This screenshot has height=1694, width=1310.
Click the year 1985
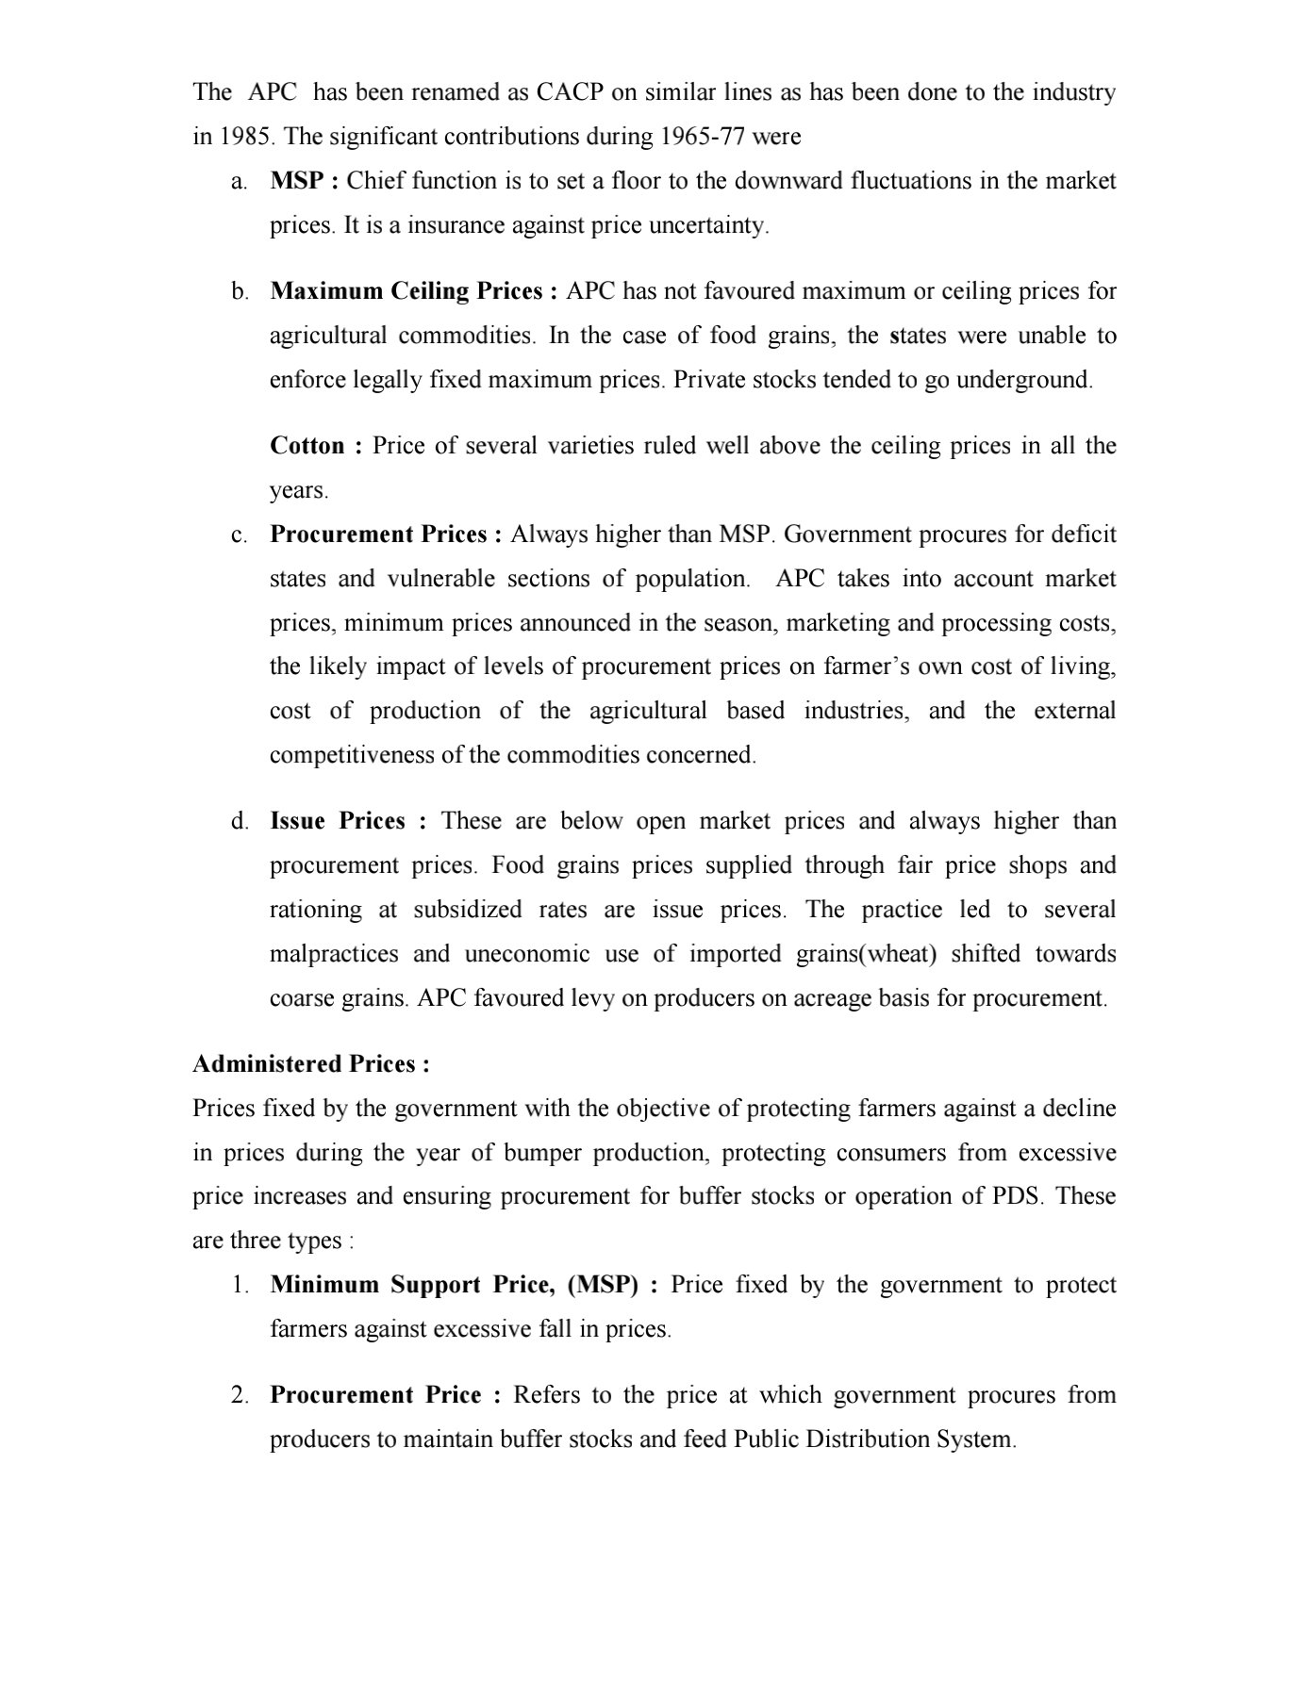pos(245,137)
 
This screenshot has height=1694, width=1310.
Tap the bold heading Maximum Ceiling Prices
pos(406,291)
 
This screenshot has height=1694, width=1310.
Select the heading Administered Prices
pos(311,1064)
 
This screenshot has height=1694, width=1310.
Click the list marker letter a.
pos(239,181)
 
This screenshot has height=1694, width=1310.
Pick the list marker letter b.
pos(240,291)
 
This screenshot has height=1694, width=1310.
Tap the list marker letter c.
pos(239,535)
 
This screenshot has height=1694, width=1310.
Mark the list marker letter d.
pos(240,821)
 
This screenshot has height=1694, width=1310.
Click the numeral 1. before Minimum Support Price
pos(240,1285)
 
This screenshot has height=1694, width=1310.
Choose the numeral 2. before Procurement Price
pos(240,1395)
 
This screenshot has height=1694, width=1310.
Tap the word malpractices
pos(333,954)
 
